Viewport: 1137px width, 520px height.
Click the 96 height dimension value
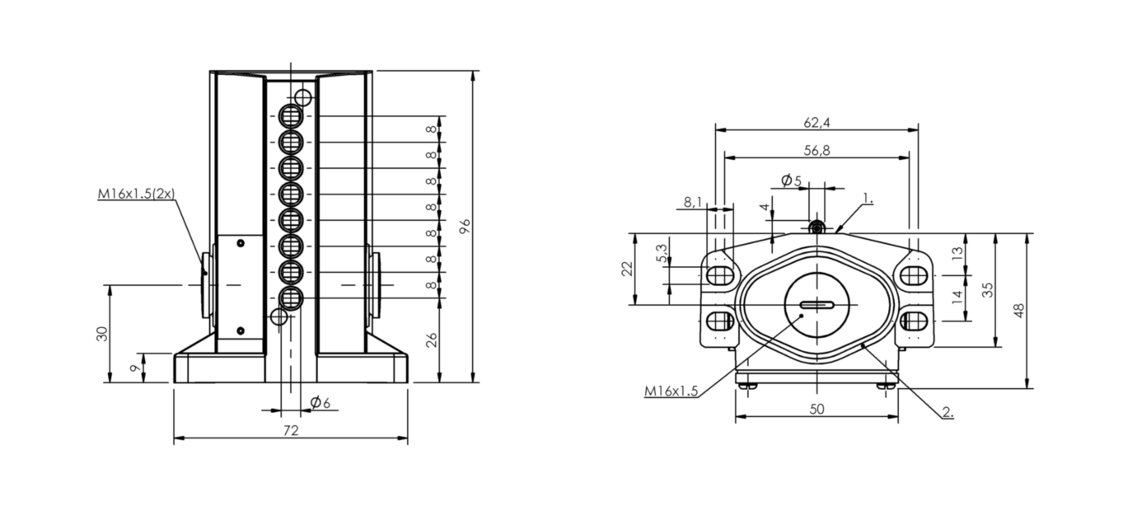coord(465,227)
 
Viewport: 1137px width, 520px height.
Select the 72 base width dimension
coord(291,431)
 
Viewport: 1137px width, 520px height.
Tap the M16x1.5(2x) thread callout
coord(136,194)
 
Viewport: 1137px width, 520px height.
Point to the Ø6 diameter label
coord(321,403)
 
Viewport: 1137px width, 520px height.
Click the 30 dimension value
coord(102,334)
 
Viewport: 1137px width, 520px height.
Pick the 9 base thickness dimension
coord(135,368)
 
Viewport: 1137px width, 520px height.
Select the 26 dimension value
coord(431,340)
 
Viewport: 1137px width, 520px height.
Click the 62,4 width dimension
coord(816,123)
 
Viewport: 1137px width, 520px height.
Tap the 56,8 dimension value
coord(816,150)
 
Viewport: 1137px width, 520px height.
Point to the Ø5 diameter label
coord(791,180)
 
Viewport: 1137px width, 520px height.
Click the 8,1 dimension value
coord(692,202)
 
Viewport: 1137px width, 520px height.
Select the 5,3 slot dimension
coord(662,253)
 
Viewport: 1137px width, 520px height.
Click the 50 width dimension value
coord(816,409)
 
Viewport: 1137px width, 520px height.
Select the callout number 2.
coord(947,412)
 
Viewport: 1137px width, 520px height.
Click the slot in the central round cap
coord(816,305)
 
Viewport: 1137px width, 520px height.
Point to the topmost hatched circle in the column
coord(291,116)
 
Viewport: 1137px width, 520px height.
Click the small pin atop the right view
coord(816,227)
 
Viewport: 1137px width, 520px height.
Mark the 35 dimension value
coord(987,290)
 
